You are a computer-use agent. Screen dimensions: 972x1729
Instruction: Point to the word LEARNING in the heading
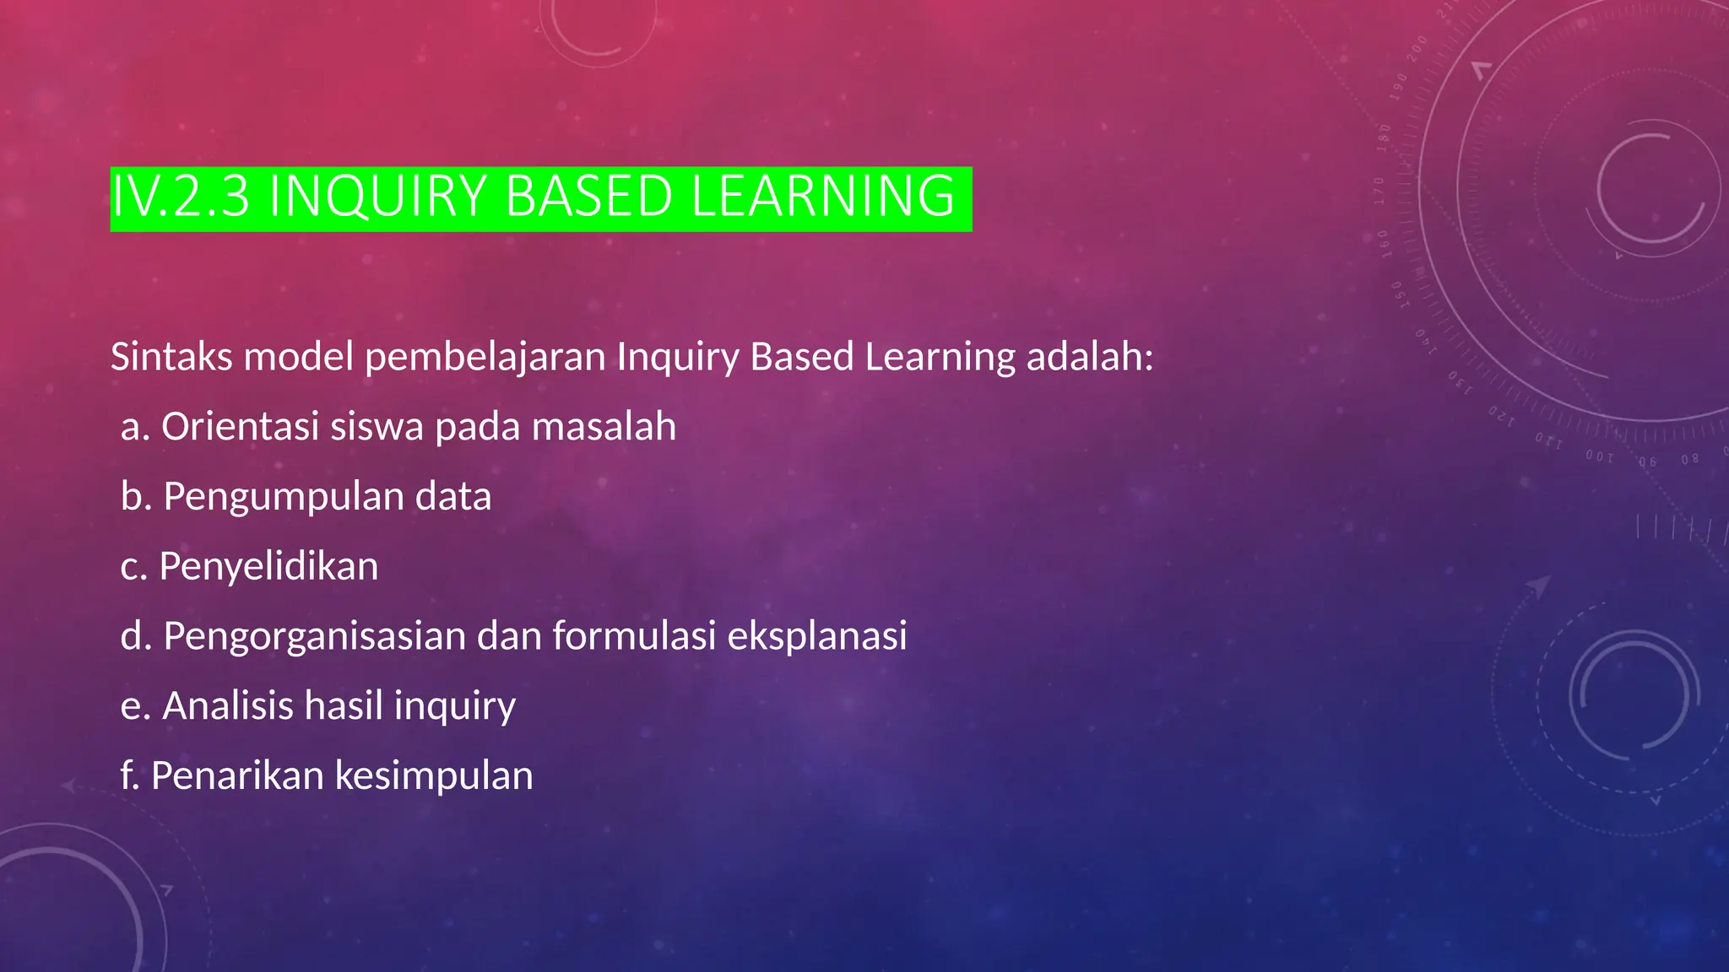(x=823, y=197)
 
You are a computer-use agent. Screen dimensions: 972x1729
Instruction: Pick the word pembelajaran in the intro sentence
(x=485, y=357)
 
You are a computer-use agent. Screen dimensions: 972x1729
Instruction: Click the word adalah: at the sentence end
(x=1089, y=357)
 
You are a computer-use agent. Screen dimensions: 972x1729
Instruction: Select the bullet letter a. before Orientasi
(x=135, y=427)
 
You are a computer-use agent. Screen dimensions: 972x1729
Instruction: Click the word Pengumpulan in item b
(x=284, y=497)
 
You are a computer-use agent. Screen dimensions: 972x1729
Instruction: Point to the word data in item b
(x=453, y=497)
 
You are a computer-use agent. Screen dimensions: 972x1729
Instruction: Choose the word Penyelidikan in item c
(x=268, y=566)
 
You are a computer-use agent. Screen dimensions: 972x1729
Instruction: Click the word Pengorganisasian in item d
(x=315, y=636)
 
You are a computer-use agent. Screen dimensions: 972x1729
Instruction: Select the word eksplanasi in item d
(x=816, y=636)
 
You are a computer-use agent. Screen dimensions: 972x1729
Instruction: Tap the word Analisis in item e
(x=227, y=705)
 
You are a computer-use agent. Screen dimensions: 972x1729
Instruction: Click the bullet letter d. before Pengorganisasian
(x=136, y=636)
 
